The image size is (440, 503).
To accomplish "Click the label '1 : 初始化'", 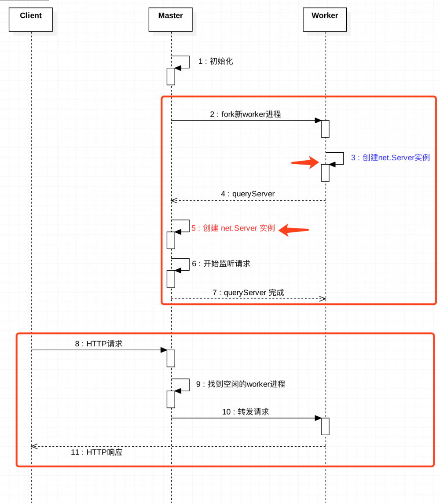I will pyautogui.click(x=215, y=62).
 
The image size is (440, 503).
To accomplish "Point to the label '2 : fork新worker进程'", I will pyautogui.click(x=245, y=114).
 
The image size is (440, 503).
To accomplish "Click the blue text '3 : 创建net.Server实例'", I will pyautogui.click(x=390, y=158).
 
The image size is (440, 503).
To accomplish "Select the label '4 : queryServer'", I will pyautogui.click(x=248, y=194).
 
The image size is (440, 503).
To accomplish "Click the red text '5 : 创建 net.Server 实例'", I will pyautogui.click(x=233, y=228).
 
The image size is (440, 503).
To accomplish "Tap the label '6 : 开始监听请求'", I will pyautogui.click(x=221, y=264).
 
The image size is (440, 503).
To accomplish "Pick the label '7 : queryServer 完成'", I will pyautogui.click(x=248, y=293).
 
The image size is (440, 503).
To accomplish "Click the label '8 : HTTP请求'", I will pyautogui.click(x=98, y=344).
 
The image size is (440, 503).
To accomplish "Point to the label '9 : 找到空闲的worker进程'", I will pyautogui.click(x=241, y=384).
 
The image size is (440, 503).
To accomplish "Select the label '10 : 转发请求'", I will pyautogui.click(x=245, y=412).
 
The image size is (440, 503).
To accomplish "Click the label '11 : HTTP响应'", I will pyautogui.click(x=96, y=452).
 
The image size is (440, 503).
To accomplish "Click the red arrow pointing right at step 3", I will pyautogui.click(x=306, y=162).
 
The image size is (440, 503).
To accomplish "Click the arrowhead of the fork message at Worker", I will pyautogui.click(x=318, y=121).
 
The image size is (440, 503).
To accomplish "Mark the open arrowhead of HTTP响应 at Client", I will pyautogui.click(x=33, y=446).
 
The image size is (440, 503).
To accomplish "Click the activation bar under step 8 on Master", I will pyautogui.click(x=171, y=358).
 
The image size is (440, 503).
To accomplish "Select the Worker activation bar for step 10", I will pyautogui.click(x=325, y=426).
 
